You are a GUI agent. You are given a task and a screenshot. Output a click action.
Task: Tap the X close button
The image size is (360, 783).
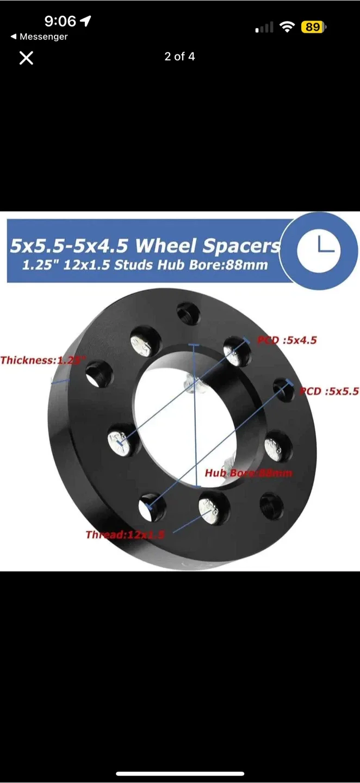click(26, 58)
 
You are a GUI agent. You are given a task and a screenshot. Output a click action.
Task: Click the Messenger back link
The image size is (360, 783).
click(39, 37)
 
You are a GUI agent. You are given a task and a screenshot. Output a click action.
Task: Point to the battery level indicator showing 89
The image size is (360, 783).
click(313, 27)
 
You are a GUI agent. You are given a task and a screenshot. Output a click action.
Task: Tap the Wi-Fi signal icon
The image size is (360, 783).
click(287, 27)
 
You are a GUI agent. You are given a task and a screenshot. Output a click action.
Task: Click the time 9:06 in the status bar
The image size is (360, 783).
click(60, 21)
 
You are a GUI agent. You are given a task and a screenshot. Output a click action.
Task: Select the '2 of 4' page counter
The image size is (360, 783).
click(179, 57)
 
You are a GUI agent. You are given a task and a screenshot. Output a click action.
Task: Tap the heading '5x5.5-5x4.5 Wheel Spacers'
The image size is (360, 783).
click(145, 246)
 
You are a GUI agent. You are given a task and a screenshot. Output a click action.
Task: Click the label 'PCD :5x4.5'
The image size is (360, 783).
click(287, 340)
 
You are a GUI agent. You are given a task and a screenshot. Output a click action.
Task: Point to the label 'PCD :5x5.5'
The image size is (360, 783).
click(329, 391)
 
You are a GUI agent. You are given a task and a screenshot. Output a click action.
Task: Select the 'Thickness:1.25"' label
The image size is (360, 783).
click(44, 360)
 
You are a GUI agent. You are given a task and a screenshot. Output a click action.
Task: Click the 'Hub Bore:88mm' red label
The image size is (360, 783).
click(248, 473)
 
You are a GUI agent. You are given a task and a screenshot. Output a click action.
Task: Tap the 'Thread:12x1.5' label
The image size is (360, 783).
click(125, 535)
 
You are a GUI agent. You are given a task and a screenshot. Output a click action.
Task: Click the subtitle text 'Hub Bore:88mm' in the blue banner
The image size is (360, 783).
click(226, 266)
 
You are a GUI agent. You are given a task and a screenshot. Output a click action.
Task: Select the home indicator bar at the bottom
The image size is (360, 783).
click(180, 773)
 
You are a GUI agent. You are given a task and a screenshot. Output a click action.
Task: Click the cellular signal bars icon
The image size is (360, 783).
click(264, 27)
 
